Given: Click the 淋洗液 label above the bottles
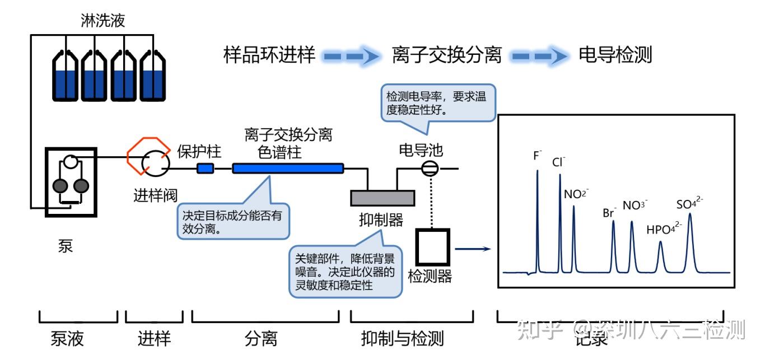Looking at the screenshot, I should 102,21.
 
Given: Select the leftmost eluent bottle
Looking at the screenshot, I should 65,76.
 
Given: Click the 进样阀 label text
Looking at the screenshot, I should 155,195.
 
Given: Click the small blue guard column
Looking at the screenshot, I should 206,168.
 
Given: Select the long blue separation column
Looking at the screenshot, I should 287,167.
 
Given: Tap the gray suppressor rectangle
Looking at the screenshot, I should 382,198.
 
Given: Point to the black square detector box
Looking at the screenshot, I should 432,247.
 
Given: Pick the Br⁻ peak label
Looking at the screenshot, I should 609,212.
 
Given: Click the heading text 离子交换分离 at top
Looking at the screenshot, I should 446,55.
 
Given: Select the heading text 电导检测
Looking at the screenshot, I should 615,55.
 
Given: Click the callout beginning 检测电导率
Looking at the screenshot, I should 437,102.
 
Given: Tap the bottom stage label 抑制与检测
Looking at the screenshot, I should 402,338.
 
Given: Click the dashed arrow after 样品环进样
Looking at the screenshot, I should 353,55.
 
